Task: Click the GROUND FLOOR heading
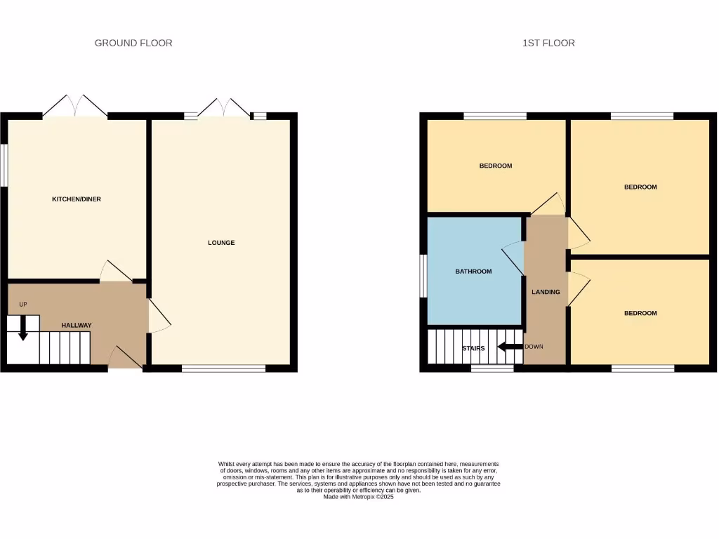coord(133,43)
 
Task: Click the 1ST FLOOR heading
coord(548,43)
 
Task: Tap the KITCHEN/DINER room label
coord(77,199)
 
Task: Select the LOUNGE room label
coord(221,243)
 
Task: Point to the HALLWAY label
coord(77,325)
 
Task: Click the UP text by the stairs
coord(23,305)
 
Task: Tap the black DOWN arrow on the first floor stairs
coord(510,347)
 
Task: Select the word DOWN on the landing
coord(534,347)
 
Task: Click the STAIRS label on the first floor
coord(473,348)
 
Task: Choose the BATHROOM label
coord(473,272)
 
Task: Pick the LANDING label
coord(546,292)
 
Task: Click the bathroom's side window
coord(423,275)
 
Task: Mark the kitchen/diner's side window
coord(3,166)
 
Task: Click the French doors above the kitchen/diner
coord(75,106)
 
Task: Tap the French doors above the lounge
coord(224,107)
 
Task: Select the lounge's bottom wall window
coord(224,368)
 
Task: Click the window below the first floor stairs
coord(492,368)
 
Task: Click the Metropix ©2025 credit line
coord(359,497)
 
